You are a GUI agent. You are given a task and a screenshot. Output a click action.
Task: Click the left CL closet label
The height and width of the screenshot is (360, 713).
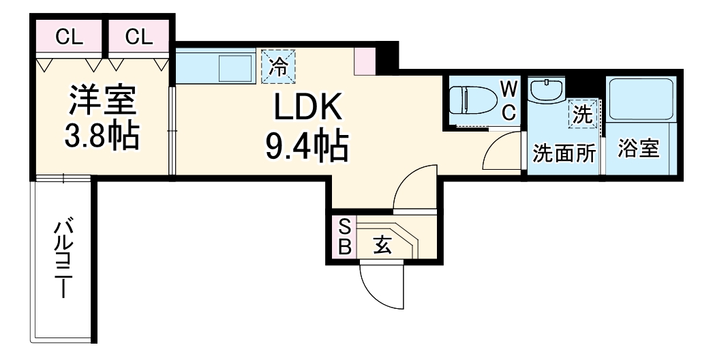coord(69,37)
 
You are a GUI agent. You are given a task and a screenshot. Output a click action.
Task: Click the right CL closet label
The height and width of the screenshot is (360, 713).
coord(138,37)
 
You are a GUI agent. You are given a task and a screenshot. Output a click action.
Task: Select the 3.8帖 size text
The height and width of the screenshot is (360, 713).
coord(102,136)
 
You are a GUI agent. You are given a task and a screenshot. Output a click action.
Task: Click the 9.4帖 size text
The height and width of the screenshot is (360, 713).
coord(307,146)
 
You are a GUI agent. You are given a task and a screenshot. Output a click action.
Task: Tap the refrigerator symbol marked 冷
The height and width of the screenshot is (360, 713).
coord(278,66)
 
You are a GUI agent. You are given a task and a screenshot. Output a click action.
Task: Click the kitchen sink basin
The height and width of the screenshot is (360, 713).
coord(236,68)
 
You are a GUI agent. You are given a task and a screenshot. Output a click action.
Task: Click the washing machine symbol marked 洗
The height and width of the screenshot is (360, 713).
coord(583,115)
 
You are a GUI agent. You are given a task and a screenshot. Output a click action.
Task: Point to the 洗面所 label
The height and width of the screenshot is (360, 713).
coord(564,154)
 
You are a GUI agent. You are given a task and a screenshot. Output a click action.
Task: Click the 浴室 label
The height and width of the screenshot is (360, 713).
coord(639,148)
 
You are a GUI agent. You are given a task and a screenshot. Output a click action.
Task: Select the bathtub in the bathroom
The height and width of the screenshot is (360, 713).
coord(640,100)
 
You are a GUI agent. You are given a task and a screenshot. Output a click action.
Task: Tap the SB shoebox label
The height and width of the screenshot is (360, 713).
coord(345,237)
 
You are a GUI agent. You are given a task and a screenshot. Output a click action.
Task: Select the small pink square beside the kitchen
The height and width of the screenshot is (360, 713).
coord(365,61)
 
